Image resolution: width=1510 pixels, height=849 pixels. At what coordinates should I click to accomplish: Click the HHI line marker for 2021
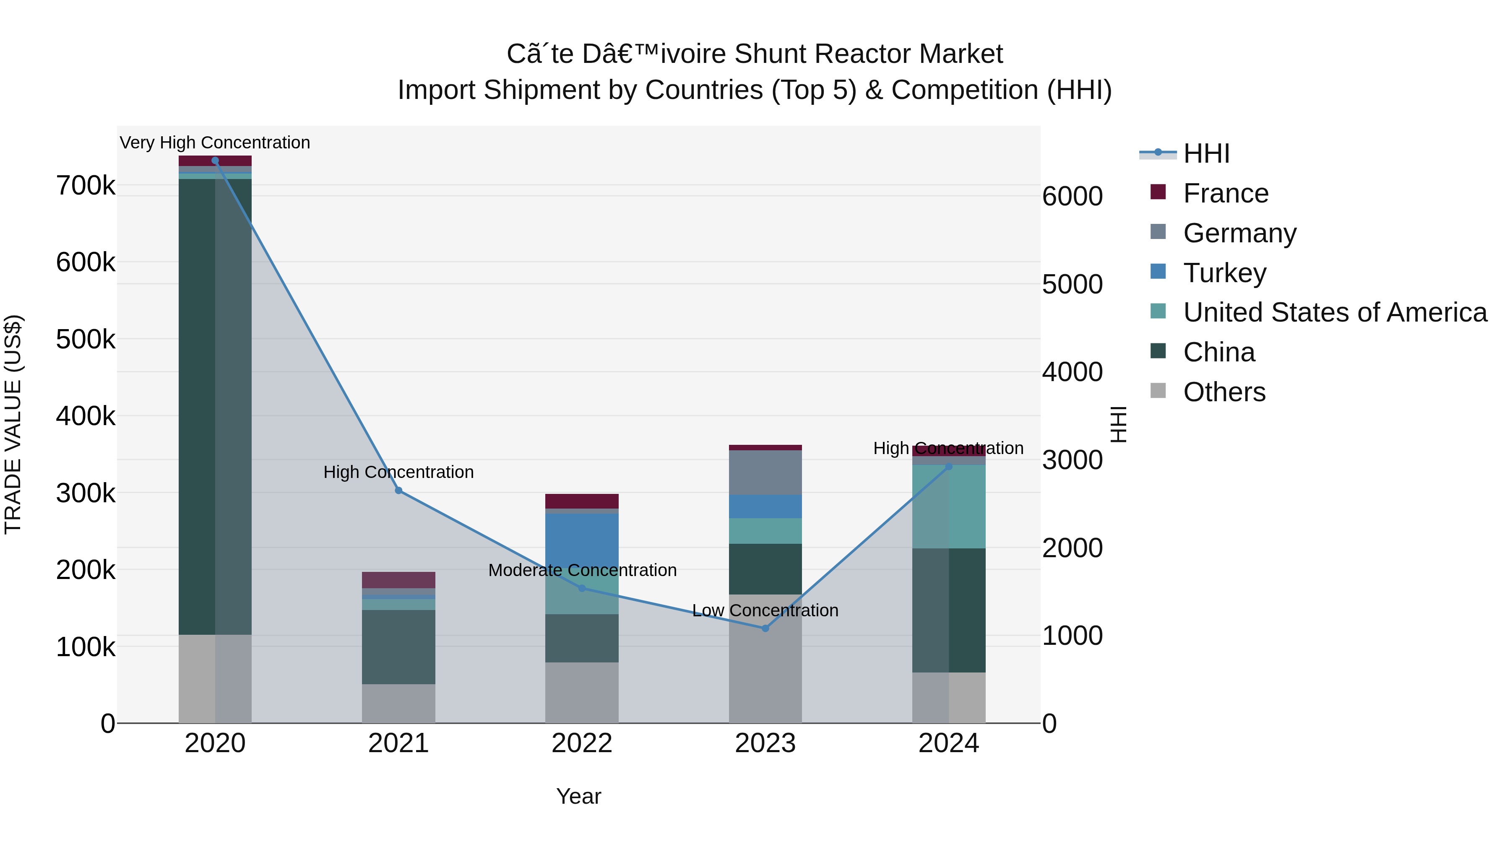398,491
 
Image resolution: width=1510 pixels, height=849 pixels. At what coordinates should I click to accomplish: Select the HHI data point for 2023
765,628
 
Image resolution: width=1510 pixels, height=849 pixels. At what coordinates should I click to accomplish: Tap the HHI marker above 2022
582,588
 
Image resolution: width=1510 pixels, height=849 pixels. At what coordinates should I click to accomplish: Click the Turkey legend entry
1224,273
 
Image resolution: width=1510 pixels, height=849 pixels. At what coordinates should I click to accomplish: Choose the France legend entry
1225,193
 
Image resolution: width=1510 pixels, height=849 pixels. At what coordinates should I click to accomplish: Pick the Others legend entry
1224,392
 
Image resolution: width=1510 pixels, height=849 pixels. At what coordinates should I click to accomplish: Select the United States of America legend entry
1334,312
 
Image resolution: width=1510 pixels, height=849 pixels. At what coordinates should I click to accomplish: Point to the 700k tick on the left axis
86,186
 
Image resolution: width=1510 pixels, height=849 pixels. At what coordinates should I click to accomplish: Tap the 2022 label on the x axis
582,743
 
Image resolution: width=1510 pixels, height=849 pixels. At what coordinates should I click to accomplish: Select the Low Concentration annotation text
765,610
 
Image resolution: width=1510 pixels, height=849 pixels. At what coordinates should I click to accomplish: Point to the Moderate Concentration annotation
582,570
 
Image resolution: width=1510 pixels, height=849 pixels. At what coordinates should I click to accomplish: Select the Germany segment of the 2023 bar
765,472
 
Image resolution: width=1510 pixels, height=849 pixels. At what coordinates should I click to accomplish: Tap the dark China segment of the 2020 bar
197,404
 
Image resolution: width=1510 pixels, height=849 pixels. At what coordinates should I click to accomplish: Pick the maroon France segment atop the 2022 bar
582,501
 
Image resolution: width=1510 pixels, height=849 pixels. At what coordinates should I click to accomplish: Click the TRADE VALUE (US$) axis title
13,424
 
